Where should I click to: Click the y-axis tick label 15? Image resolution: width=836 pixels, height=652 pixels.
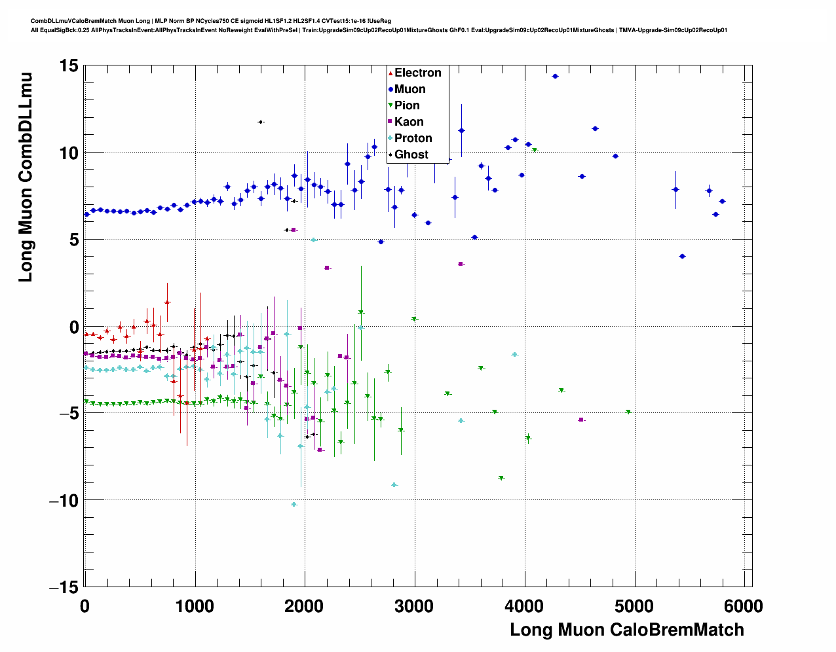click(x=68, y=65)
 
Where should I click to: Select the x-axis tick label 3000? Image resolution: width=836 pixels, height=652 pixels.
click(x=414, y=606)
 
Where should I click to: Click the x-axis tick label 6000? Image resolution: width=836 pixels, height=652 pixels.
click(x=744, y=606)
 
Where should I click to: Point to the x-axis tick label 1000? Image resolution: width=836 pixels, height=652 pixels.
click(x=195, y=606)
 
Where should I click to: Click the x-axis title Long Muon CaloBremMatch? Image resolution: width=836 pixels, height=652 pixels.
click(x=627, y=630)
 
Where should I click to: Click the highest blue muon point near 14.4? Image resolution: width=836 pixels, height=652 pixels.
click(x=555, y=77)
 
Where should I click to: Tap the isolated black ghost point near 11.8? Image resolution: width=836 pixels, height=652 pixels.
click(x=260, y=122)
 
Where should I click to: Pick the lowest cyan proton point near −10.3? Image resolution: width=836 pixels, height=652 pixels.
click(x=294, y=505)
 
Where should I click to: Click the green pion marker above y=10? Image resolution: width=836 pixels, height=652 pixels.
click(x=535, y=151)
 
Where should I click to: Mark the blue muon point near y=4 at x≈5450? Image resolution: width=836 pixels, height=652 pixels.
click(x=682, y=256)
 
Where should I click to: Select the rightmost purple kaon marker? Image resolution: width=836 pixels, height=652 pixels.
click(x=580, y=420)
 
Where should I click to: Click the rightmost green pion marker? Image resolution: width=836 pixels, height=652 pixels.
click(x=628, y=412)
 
